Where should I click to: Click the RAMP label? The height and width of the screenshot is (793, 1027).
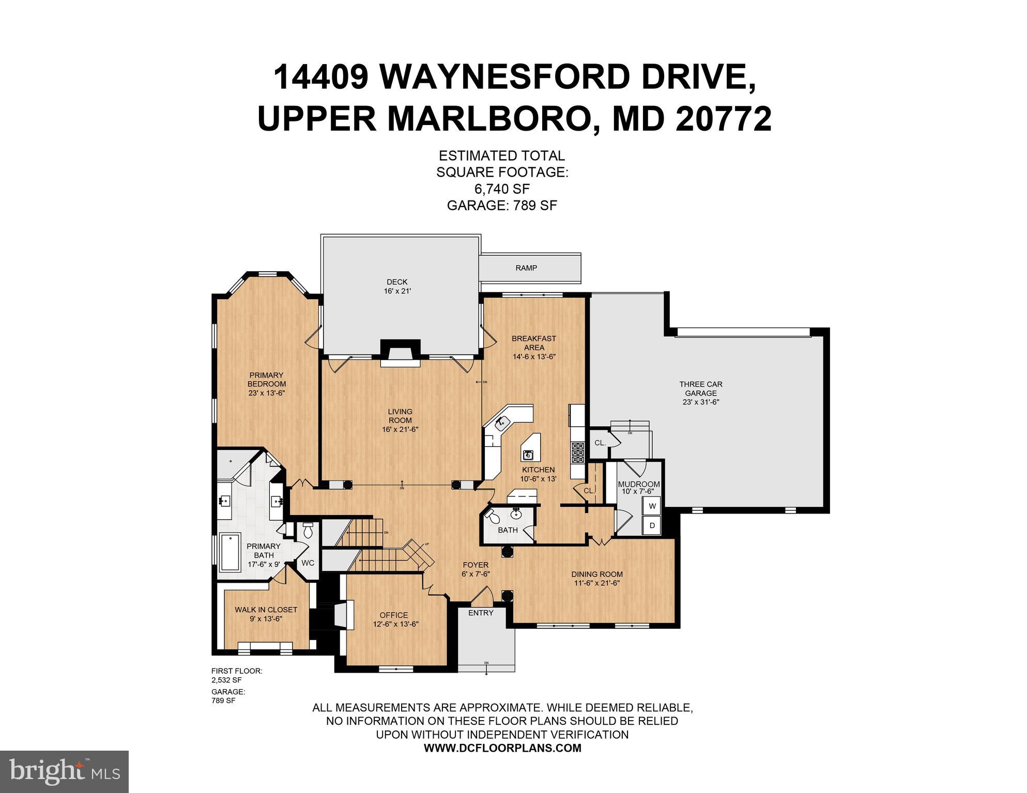coord(526,268)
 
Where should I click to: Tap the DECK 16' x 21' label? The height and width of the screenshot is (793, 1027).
coord(397,286)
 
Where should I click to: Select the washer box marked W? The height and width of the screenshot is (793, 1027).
coord(652,506)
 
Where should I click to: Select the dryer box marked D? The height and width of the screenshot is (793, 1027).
coord(652,526)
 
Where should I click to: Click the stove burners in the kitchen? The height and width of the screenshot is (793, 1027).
coord(577,452)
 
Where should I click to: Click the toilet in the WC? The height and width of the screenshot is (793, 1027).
coord(308,531)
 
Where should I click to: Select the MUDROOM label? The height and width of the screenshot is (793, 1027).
coord(639,484)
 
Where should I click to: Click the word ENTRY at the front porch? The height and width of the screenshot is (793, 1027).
coord(481,613)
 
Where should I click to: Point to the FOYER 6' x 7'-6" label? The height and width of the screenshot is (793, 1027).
coord(476,569)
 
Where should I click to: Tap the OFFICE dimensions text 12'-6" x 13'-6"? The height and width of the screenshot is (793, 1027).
coord(395,624)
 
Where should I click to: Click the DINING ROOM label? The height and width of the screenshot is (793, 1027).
coord(597,574)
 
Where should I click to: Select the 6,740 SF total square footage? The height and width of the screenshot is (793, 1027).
coord(502,189)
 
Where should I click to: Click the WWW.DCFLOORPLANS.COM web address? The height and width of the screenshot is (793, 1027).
coord(502,748)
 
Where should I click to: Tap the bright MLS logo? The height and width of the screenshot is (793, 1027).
coord(64,772)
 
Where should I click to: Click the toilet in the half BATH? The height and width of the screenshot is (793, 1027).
coord(493,516)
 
